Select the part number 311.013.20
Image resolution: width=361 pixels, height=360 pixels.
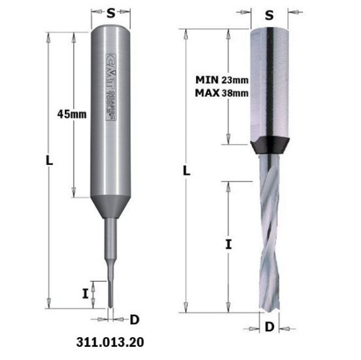point(109,342)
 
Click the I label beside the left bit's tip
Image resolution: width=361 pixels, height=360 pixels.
point(86,293)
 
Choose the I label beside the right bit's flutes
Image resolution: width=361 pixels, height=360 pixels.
point(228,245)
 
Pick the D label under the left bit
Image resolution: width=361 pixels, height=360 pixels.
point(134,319)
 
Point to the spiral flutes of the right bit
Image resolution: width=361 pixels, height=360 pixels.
point(270,229)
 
